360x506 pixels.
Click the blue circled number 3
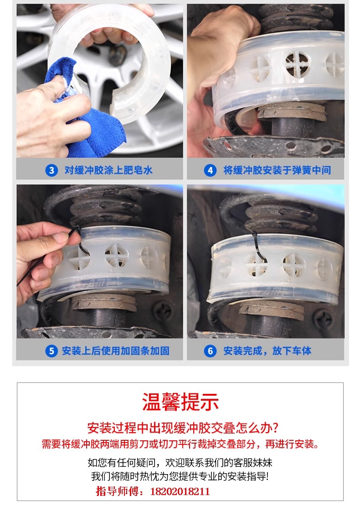point(51,170)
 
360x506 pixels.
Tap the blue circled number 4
point(210,170)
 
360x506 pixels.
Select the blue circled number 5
point(51,351)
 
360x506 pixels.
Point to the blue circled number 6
point(210,351)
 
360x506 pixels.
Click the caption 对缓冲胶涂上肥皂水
point(108,170)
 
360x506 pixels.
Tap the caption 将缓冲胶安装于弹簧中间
point(277,170)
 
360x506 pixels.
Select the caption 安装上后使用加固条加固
point(115,351)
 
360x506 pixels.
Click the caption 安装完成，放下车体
point(267,351)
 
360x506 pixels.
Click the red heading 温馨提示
point(180,402)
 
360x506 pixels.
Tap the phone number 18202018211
point(180,491)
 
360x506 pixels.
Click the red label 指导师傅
point(120,491)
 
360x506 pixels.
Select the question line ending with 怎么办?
point(183,428)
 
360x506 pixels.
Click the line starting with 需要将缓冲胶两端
point(180,444)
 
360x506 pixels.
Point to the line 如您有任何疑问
point(180,463)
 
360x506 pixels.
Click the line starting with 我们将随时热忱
point(180,476)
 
